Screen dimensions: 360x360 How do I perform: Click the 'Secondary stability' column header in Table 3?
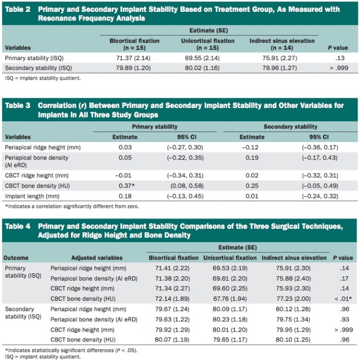[x=290, y=127]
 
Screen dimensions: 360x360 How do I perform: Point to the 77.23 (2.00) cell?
[x=294, y=299]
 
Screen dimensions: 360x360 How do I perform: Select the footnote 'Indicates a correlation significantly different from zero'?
[x=72, y=206]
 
